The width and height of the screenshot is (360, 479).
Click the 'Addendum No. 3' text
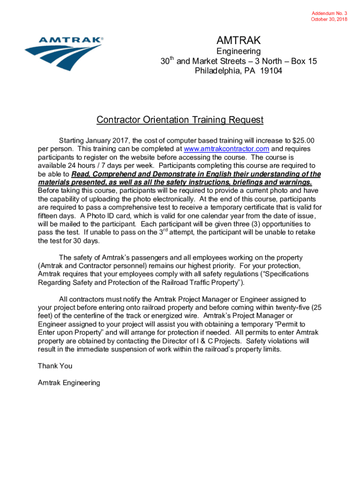(330, 14)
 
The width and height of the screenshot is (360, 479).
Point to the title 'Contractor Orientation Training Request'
(180, 120)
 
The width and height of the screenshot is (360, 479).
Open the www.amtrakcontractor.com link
(226, 149)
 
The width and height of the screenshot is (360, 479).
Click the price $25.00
(303, 141)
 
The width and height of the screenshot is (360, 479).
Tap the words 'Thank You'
(55, 366)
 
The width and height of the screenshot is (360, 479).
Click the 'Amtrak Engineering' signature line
(69, 383)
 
